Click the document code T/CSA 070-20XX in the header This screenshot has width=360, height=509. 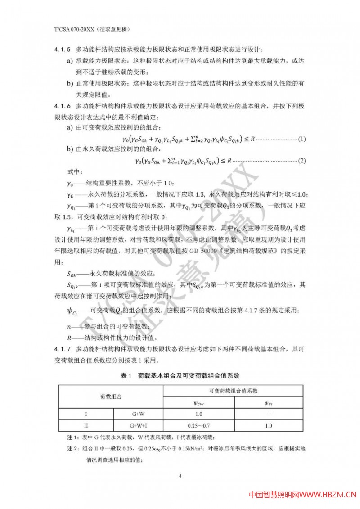[67, 29]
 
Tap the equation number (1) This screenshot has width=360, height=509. [302, 139]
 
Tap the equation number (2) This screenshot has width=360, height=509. [302, 160]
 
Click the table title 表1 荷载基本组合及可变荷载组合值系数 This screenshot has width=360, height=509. [180, 375]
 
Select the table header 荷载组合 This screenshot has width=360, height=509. [110, 397]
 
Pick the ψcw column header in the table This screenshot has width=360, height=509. [198, 403]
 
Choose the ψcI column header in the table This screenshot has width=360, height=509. [269, 403]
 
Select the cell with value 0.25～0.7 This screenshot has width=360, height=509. [198, 425]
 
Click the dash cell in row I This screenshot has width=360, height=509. [269, 414]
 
